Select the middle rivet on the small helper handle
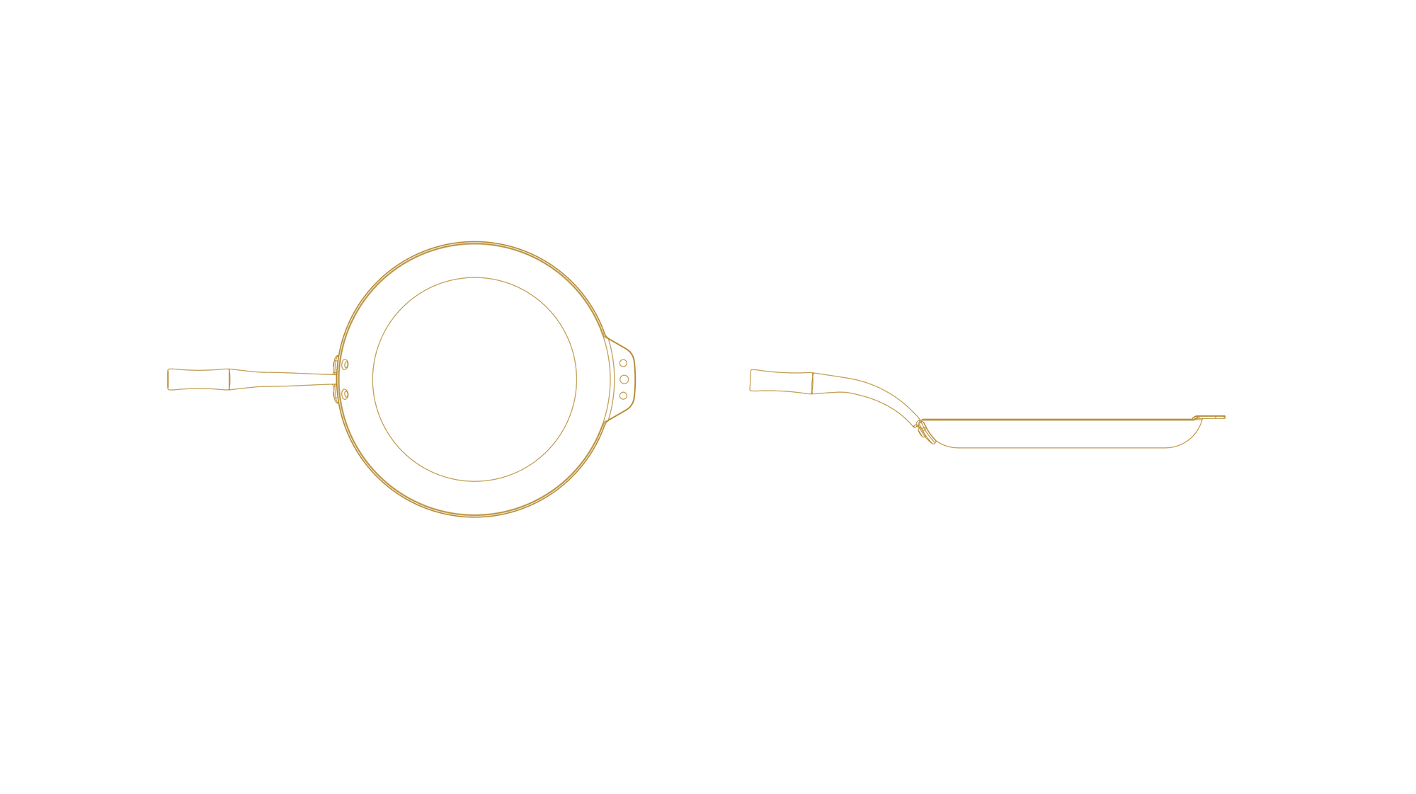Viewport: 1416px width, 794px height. [x=624, y=379]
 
